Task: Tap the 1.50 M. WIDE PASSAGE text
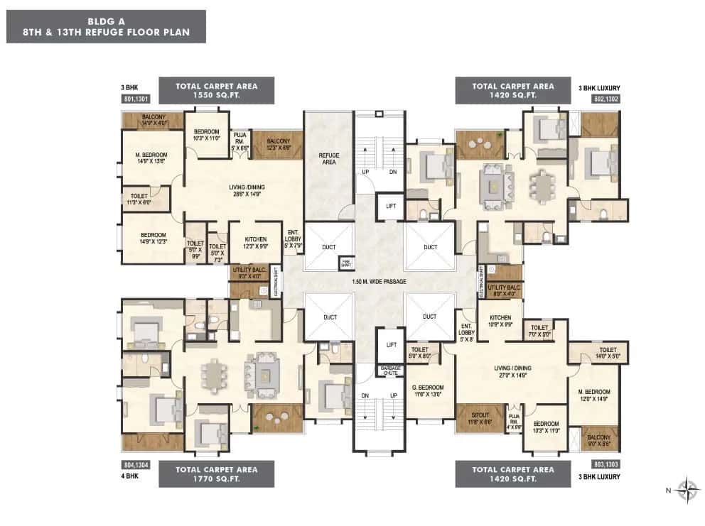(380, 282)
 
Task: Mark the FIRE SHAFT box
(345, 262)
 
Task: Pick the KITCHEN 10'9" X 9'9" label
(500, 319)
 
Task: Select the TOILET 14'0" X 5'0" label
(608, 353)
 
